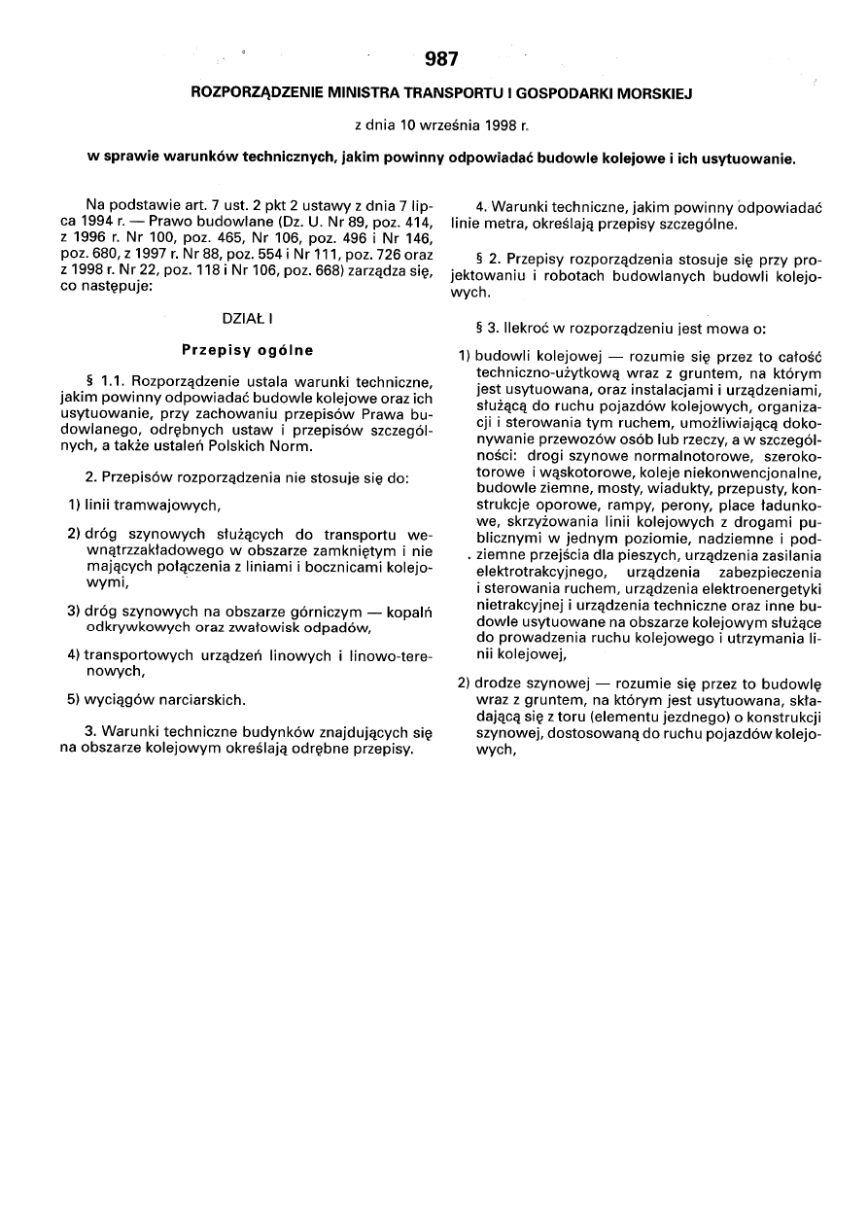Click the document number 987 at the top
(441, 60)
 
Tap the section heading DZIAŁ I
(247, 318)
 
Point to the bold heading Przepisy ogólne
(247, 348)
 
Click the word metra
(506, 225)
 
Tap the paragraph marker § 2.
(485, 262)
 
